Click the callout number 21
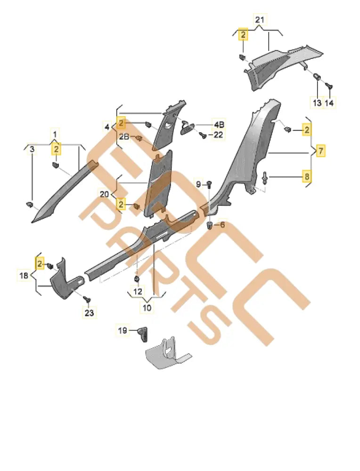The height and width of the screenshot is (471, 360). pyautogui.click(x=260, y=20)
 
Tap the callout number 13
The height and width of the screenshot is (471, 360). pyautogui.click(x=317, y=103)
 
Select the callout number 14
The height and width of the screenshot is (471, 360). pyautogui.click(x=329, y=103)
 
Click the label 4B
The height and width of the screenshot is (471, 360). pyautogui.click(x=219, y=125)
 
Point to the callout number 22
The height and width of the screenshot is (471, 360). pyautogui.click(x=218, y=135)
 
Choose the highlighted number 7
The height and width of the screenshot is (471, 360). pyautogui.click(x=320, y=151)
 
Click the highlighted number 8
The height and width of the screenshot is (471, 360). pyautogui.click(x=307, y=177)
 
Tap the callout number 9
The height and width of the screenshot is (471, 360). pyautogui.click(x=198, y=183)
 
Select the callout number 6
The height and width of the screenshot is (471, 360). pyautogui.click(x=222, y=225)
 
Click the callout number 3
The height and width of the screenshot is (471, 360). pyautogui.click(x=32, y=150)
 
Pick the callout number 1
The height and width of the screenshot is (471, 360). pyautogui.click(x=56, y=135)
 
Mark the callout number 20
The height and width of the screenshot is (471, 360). pyautogui.click(x=104, y=194)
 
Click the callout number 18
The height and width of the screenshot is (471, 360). pyautogui.click(x=25, y=276)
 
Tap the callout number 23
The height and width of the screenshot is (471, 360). pyautogui.click(x=90, y=312)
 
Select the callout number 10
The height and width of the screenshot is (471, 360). pyautogui.click(x=147, y=308)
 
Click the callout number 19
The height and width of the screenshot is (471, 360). pyautogui.click(x=123, y=331)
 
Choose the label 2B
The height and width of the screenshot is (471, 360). pyautogui.click(x=123, y=137)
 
